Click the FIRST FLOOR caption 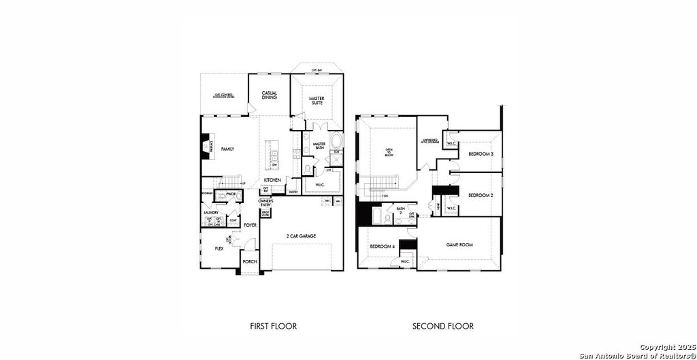[x=274, y=326]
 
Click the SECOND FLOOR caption [x=443, y=326]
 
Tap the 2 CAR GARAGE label [x=301, y=236]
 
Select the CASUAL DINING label [x=270, y=95]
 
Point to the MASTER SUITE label [x=317, y=101]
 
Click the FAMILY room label [x=227, y=148]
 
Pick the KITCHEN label [x=272, y=180]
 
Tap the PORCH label [x=250, y=262]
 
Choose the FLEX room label [x=219, y=249]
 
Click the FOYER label [x=250, y=225]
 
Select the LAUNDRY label [x=210, y=212]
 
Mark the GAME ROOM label [x=459, y=244]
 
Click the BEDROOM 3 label [x=481, y=154]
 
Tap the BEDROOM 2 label [x=481, y=195]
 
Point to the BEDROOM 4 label [x=382, y=246]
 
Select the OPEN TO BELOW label [x=389, y=152]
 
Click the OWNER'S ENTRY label [x=265, y=202]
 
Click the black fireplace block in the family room [x=203, y=146]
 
